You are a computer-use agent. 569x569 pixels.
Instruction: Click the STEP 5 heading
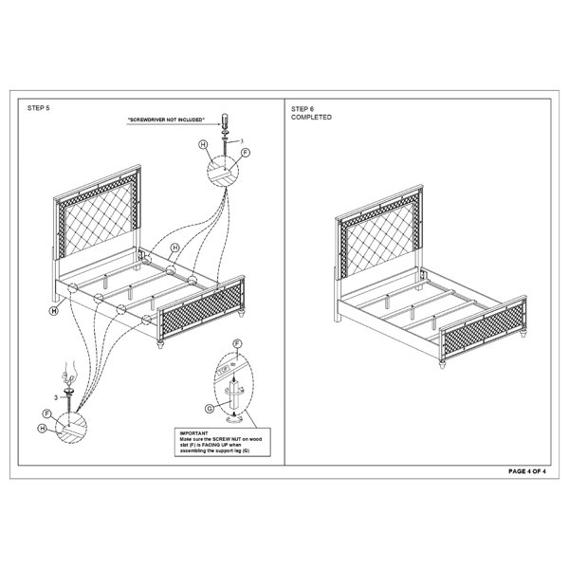tap(39, 108)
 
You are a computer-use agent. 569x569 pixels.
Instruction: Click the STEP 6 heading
tap(303, 109)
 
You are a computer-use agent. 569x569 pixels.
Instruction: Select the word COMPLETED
tap(311, 118)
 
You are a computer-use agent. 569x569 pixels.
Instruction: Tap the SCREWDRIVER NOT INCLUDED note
tap(166, 119)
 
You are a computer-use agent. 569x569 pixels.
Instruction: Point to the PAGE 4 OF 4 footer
tap(527, 471)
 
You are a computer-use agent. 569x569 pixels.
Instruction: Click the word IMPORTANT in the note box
tap(193, 433)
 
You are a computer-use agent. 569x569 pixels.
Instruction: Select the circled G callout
tap(210, 409)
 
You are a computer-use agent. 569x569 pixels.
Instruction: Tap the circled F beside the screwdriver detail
tap(246, 153)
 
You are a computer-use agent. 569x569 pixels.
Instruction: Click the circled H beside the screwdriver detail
tap(203, 144)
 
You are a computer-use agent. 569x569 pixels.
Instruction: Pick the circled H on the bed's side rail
tap(175, 248)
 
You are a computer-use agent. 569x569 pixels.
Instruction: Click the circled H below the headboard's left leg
tap(54, 311)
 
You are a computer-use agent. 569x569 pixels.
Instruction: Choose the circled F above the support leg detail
tap(237, 343)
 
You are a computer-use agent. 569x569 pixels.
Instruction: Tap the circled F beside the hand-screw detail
tap(46, 414)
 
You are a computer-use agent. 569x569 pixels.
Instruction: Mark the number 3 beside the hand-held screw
tap(56, 397)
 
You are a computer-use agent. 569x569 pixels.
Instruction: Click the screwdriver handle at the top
tap(225, 119)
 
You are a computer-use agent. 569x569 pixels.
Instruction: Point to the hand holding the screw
tap(68, 374)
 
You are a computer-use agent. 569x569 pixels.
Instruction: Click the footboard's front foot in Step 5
tap(160, 343)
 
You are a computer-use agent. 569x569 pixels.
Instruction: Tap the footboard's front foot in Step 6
tap(442, 364)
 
